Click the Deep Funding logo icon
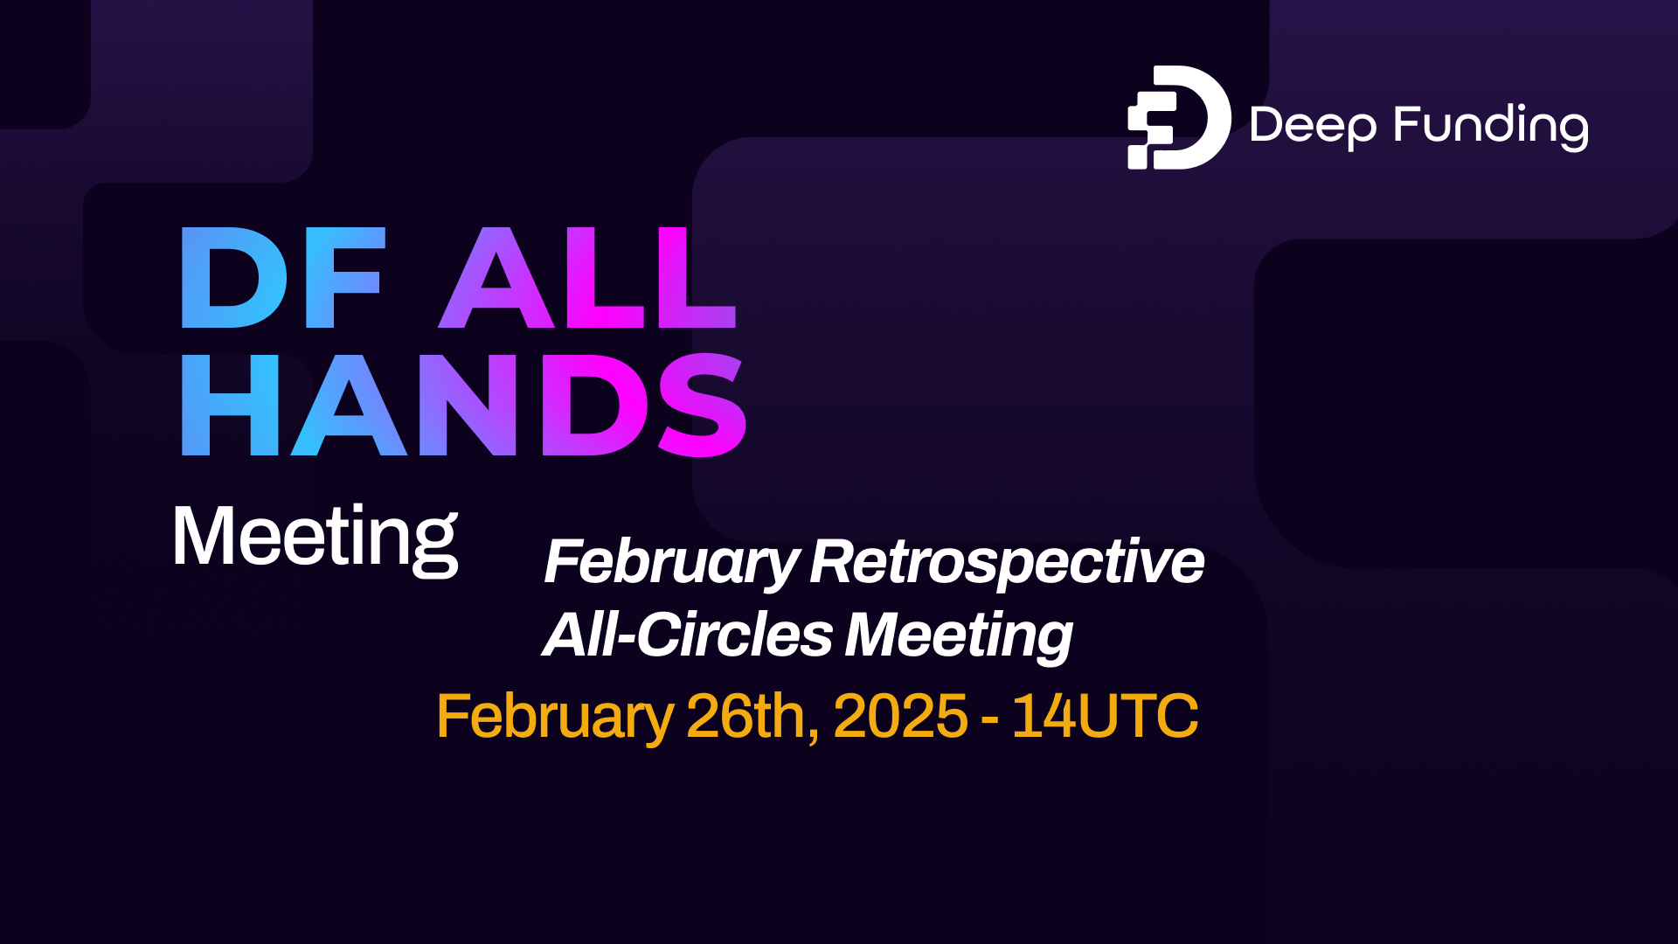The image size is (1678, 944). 1178,117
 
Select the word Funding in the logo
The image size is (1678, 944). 1491,125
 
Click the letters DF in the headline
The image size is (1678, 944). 282,278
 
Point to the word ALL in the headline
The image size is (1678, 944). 588,278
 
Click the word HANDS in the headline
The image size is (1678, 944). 463,406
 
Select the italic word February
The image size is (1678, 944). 670,562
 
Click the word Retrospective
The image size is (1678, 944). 1007,562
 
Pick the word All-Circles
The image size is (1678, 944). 688,635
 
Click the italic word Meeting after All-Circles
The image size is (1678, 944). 959,635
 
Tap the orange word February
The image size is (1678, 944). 554,718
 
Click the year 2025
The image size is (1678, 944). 900,717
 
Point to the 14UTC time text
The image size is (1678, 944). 1105,717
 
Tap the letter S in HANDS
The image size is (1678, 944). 702,406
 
